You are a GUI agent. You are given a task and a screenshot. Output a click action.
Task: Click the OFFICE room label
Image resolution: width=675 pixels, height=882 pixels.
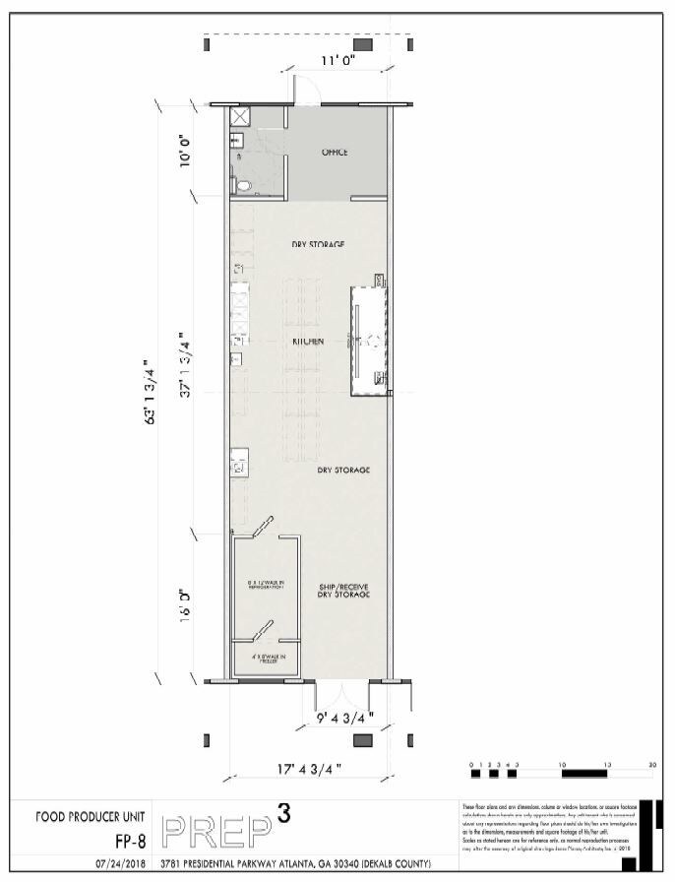click(x=335, y=153)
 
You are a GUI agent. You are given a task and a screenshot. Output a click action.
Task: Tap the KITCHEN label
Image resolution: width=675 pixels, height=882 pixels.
click(x=307, y=341)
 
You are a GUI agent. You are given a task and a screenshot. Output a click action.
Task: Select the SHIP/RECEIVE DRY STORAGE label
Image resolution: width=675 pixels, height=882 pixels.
click(x=342, y=591)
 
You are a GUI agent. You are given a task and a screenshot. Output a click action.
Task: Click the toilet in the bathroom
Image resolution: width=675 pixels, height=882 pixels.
click(x=242, y=184)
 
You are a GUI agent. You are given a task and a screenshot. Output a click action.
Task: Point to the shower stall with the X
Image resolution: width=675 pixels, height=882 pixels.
click(x=238, y=117)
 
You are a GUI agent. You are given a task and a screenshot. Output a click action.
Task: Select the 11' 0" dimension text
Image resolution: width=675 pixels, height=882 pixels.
click(x=338, y=61)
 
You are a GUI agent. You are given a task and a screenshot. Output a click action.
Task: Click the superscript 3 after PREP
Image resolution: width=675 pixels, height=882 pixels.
click(x=284, y=812)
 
